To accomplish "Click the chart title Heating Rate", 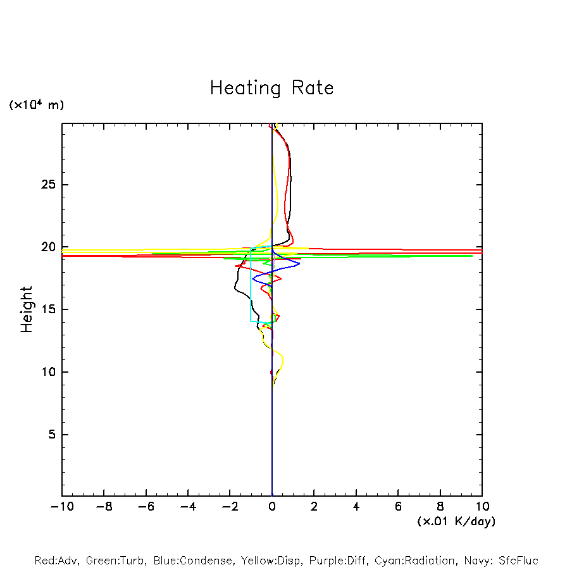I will [271, 88].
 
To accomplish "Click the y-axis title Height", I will [27, 309].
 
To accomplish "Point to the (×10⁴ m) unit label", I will [37, 105].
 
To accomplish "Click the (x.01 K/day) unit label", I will [456, 521].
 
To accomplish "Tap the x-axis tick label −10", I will [61, 506].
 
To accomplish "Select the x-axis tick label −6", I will [146, 506].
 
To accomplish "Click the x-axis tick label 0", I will [272, 506].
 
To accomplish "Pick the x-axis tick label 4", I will [356, 506].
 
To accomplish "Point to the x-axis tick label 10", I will [482, 506].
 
